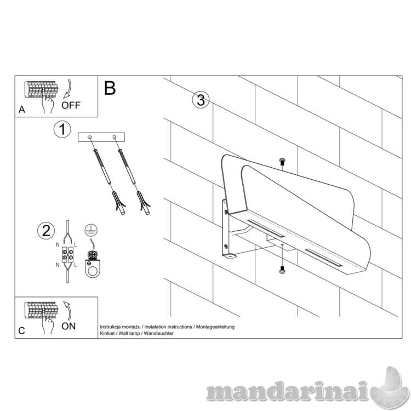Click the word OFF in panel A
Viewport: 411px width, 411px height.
click(71, 105)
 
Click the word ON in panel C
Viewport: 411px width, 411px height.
click(68, 326)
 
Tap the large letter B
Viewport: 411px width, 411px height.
click(110, 88)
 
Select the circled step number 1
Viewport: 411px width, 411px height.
click(62, 129)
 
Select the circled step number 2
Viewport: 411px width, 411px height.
click(46, 231)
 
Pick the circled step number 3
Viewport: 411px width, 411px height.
click(201, 100)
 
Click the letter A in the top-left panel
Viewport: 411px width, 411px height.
click(22, 110)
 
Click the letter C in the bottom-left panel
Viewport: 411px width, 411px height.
click(21, 331)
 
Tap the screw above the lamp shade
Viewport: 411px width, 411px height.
click(282, 162)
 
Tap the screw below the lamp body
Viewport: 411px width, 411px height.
click(282, 270)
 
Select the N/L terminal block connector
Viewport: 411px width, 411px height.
click(67, 254)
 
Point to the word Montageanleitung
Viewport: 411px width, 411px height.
click(215, 327)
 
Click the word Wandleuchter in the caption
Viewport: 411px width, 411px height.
click(158, 333)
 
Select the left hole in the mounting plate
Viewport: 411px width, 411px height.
click(90, 137)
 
